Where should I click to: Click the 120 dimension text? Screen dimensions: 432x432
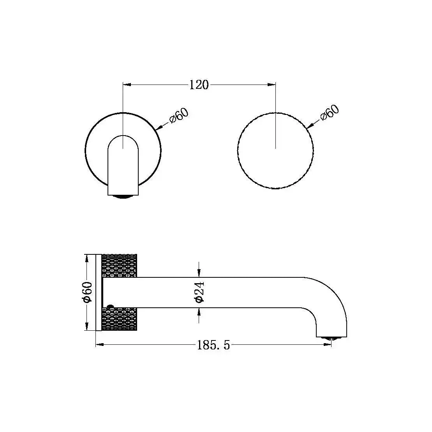pos(199,85)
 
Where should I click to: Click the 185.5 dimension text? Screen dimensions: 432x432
pos(213,345)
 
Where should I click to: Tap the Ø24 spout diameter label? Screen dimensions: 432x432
pos(199,292)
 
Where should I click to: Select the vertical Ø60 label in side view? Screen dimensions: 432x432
pos(88,292)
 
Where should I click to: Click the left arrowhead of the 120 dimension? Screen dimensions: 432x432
pos(127,84)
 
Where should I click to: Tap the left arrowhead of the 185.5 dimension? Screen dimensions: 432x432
pos(99,344)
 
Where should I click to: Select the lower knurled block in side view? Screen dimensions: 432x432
pos(119,319)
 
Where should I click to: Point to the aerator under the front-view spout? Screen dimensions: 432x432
pos(123,197)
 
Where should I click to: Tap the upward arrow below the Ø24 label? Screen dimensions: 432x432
pos(199,312)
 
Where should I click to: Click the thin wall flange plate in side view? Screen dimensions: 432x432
pos(99,292)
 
